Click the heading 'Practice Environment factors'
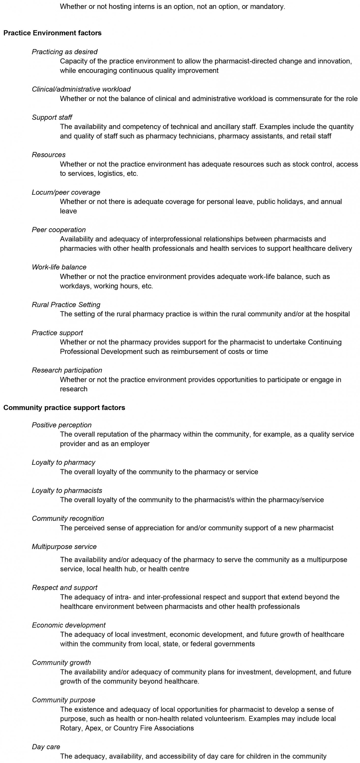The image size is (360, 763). tap(52, 33)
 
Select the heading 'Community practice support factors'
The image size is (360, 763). tap(64, 407)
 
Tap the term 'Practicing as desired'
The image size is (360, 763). tap(65, 52)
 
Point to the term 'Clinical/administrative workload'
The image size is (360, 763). tap(81, 89)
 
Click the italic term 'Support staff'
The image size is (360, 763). tap(52, 117)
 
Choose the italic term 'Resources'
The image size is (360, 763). tap(49, 155)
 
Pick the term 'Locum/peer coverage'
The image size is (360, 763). tap(66, 192)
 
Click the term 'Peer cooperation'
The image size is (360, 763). tap(59, 230)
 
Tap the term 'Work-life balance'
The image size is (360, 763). tap(59, 267)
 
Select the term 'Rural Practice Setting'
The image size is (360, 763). tap(66, 304)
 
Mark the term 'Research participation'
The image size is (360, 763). tap(67, 370)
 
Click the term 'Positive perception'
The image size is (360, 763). tap(62, 425)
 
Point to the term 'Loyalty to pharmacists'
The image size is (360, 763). tap(67, 491)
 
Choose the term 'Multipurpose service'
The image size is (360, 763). tap(64, 547)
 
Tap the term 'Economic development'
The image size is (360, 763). tap(69, 625)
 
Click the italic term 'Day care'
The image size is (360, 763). tap(46, 747)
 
